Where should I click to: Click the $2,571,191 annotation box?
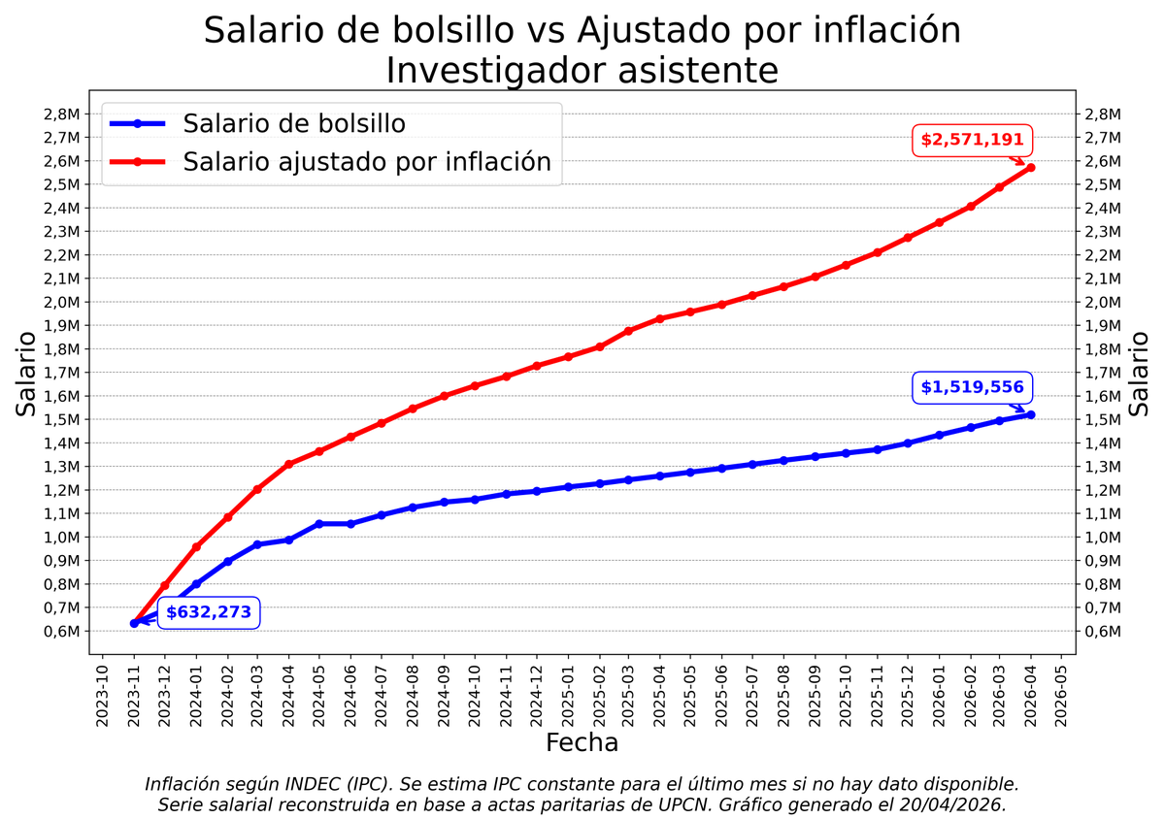coord(972,140)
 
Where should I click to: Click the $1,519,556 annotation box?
coord(972,387)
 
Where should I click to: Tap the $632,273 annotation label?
coord(209,612)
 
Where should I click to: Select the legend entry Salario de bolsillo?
coord(293,124)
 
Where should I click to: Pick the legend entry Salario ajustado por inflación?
coord(366,162)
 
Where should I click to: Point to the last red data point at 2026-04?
coord(1030,168)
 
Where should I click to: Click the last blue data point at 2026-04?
coord(1030,414)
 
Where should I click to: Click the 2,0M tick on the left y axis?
coord(61,302)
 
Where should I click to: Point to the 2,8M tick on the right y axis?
coord(1103,114)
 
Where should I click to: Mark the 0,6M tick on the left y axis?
coord(61,631)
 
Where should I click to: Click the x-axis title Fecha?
coord(582,743)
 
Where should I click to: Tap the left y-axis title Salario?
coord(27,374)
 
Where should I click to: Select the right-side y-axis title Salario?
coord(1140,374)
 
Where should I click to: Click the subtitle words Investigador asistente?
coord(582,71)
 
